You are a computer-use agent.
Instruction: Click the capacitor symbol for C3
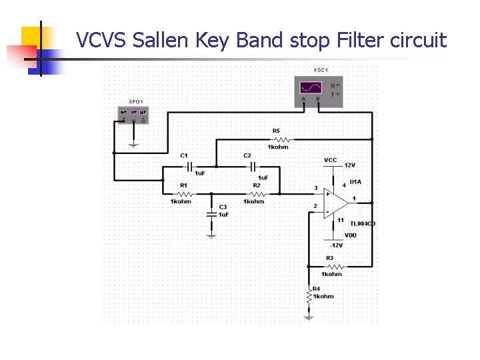click(211, 214)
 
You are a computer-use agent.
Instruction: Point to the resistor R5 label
click(276, 131)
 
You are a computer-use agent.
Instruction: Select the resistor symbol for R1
click(181, 194)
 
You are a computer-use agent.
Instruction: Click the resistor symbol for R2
click(254, 194)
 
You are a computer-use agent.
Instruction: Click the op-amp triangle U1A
click(335, 201)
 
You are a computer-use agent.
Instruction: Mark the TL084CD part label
click(363, 224)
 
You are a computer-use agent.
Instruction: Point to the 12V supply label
click(349, 165)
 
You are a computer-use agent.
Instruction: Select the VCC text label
click(330, 160)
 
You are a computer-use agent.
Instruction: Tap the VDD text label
click(350, 235)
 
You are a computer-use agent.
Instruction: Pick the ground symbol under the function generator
click(133, 142)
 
